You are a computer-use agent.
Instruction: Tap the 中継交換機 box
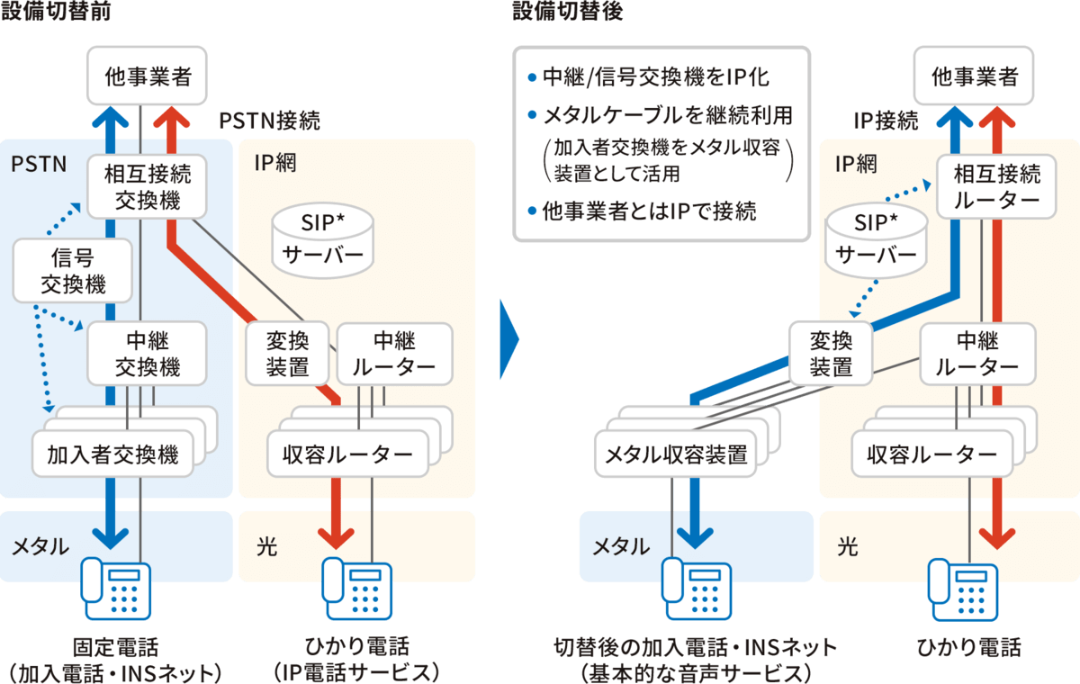(x=147, y=354)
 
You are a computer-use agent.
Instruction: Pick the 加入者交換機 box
(x=112, y=454)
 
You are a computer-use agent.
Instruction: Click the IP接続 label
(x=886, y=120)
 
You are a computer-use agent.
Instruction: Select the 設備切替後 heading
(x=567, y=11)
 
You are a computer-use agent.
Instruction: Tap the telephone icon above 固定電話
(x=114, y=589)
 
